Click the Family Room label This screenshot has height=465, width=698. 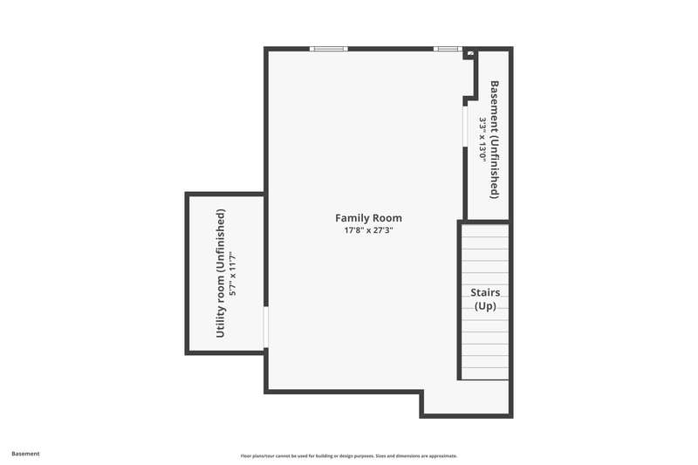click(x=368, y=218)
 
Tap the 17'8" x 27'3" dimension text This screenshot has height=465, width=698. click(x=368, y=230)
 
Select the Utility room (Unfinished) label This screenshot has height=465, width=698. click(x=221, y=273)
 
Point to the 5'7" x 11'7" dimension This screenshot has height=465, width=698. click(x=232, y=274)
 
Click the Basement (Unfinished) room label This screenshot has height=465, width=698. click(x=494, y=140)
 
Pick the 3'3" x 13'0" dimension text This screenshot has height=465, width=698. click(x=482, y=140)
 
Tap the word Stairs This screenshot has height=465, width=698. click(x=485, y=292)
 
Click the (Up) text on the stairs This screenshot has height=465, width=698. click(x=485, y=306)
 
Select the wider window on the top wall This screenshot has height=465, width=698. click(x=329, y=49)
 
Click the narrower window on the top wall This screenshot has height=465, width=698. click(x=448, y=49)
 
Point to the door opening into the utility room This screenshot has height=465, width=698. click(x=266, y=327)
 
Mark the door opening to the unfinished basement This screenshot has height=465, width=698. click(x=465, y=127)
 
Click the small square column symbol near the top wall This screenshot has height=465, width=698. click(x=470, y=53)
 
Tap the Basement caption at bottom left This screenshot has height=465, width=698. click(x=25, y=454)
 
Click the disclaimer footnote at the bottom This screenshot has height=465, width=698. click(x=349, y=455)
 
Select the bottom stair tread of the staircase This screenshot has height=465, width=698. click(x=485, y=373)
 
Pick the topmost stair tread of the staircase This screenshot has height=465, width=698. click(x=485, y=230)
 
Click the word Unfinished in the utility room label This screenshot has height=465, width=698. click(x=221, y=240)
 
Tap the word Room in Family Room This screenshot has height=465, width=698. click(x=387, y=218)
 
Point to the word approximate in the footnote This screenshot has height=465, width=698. click(x=443, y=455)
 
